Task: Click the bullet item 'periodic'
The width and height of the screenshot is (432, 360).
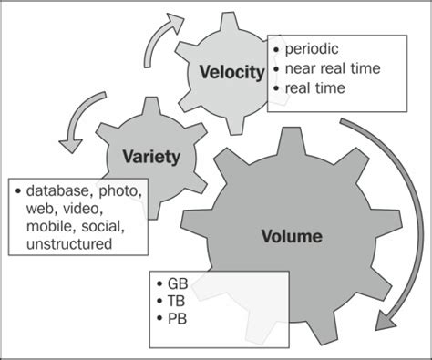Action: pyautogui.click(x=312, y=46)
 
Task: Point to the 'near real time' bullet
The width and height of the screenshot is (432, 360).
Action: pyautogui.click(x=333, y=67)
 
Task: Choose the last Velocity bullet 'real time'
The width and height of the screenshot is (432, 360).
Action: pyautogui.click(x=316, y=88)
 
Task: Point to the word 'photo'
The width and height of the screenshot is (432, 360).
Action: pyautogui.click(x=119, y=191)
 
